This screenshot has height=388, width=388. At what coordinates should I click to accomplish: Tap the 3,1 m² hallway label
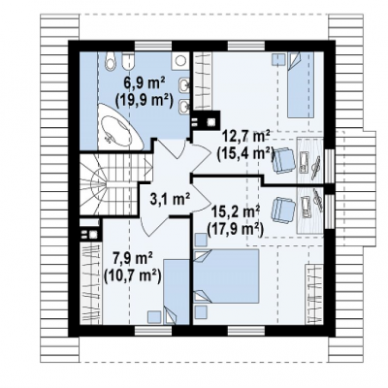click(170, 199)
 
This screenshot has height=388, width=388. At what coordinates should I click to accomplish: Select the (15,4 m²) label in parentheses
click(245, 152)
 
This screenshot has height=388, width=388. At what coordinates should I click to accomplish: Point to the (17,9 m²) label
click(235, 230)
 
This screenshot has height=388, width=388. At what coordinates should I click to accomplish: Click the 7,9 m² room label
click(133, 259)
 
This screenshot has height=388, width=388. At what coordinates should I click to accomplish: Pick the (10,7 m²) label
click(133, 275)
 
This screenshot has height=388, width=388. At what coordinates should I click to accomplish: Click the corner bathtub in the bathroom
click(119, 126)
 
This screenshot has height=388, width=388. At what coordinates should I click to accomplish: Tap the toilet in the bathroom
click(111, 61)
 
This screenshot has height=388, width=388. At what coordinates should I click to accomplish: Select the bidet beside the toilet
click(128, 61)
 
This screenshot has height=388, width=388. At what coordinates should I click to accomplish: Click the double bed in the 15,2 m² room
click(226, 276)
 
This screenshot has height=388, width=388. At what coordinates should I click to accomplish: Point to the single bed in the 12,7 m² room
click(301, 85)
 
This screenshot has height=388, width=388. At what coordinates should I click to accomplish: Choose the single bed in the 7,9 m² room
click(177, 291)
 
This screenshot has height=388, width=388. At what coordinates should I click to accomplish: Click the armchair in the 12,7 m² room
click(284, 159)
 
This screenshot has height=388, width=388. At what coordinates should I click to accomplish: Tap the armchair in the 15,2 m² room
click(284, 210)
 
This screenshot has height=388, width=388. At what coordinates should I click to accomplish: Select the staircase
click(115, 184)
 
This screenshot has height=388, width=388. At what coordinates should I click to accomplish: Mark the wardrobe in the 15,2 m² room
click(314, 294)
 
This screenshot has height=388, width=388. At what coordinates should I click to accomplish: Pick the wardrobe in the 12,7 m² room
click(203, 81)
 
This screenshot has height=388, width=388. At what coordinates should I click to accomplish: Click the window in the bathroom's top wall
click(153, 46)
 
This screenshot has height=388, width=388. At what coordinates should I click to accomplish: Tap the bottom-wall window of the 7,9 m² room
click(153, 330)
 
